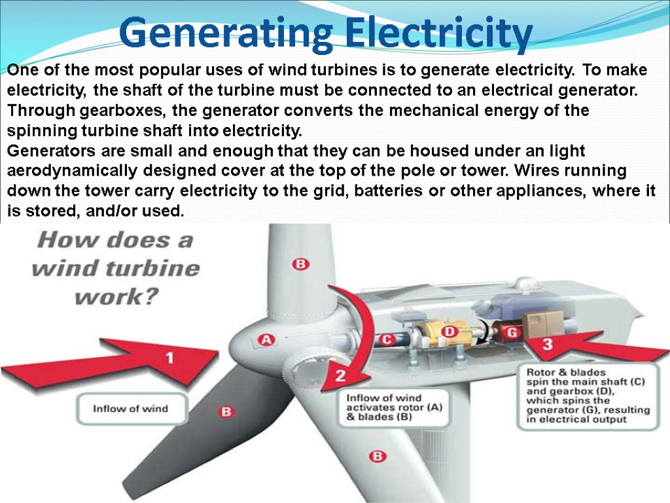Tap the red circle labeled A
coord(266,339)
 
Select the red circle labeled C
coord(387,339)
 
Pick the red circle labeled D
coord(450,332)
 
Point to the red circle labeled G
coord(512,332)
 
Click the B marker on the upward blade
coord(300,264)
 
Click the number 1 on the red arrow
coord(169,358)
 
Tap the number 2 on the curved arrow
coord(340,375)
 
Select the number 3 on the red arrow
coord(548,343)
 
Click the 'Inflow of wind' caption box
coord(131,409)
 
